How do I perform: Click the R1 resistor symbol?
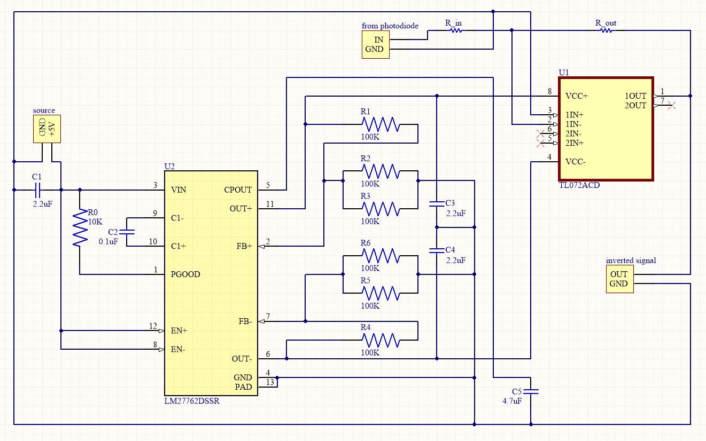(380, 124)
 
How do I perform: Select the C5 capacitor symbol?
(530, 390)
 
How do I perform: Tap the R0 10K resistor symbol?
(80, 227)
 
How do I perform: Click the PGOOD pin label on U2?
(185, 274)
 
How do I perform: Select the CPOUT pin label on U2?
(238, 190)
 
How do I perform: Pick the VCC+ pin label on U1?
(577, 96)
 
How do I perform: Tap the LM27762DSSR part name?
(192, 401)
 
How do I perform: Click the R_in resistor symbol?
(456, 30)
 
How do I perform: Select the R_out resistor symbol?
(606, 30)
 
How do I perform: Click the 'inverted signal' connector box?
(619, 279)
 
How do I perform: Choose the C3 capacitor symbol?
(437, 203)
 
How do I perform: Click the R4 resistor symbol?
(380, 340)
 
